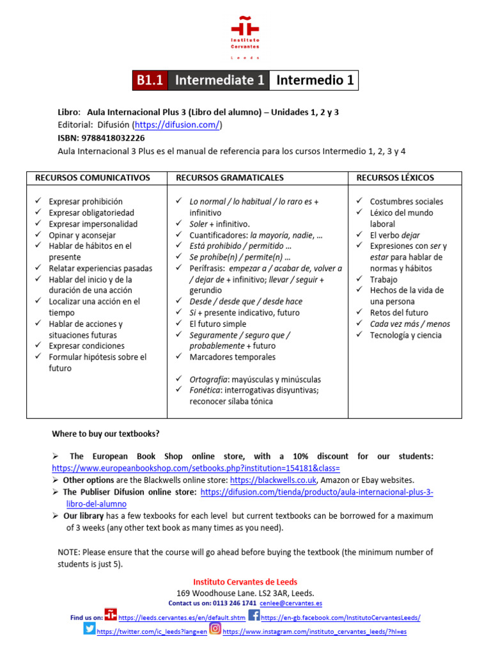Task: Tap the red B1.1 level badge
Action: pos(150,80)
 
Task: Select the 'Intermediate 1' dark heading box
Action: pos(219,80)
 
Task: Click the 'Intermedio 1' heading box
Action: pos(314,80)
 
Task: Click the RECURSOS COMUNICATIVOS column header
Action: pos(93,177)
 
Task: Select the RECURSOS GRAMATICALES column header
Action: pos(230,177)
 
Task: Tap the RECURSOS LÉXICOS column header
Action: pos(395,177)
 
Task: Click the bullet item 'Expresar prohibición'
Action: pos(86,201)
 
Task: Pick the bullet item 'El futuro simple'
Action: pos(218,324)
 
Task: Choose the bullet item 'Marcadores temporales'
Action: pos(232,357)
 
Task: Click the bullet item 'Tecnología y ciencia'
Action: pos(405,335)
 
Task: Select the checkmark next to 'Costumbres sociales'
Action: pos(360,201)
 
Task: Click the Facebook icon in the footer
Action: pos(254,616)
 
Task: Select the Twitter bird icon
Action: pos(89,629)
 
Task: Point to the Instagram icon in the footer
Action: pos(215,629)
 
